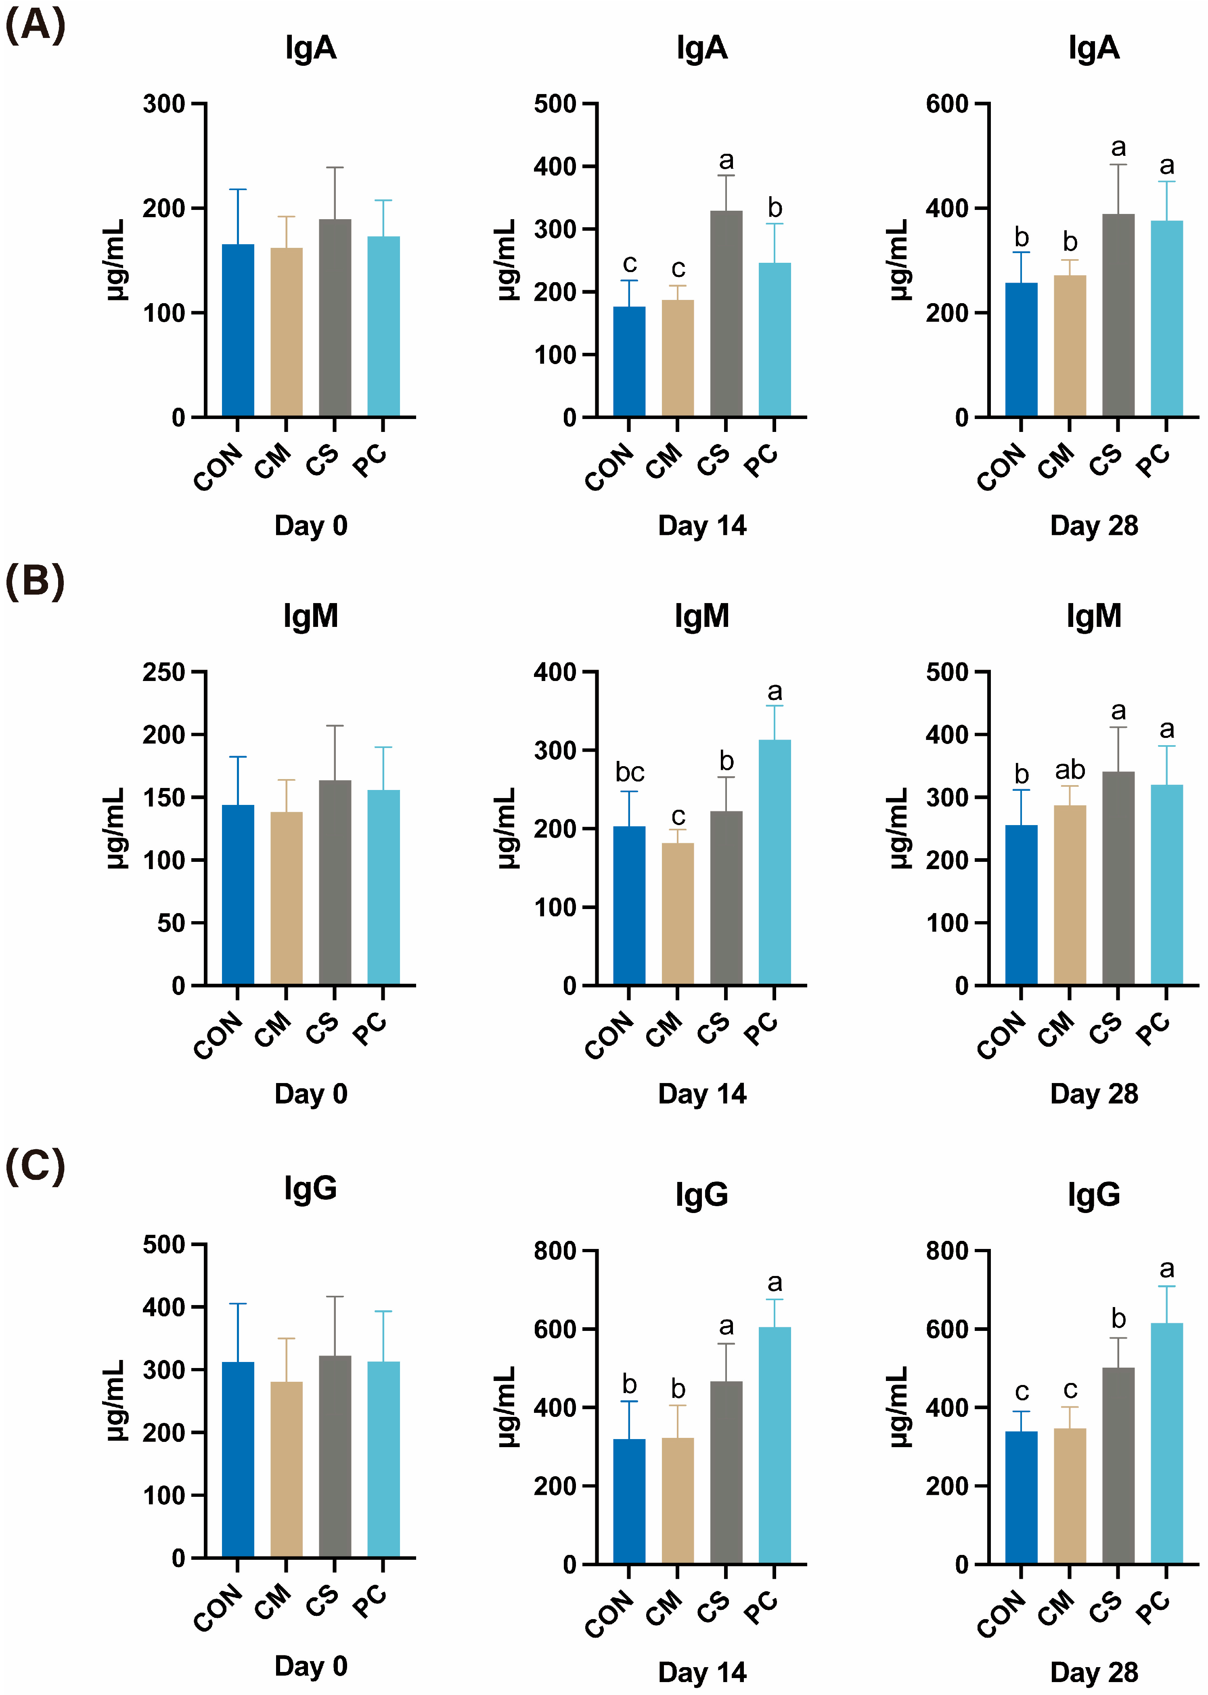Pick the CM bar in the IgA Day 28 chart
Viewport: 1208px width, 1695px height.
pos(1070,346)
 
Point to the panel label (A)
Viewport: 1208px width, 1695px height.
pos(35,25)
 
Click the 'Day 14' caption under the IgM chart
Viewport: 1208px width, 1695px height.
pos(702,1094)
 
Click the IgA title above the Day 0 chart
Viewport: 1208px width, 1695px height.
pos(311,48)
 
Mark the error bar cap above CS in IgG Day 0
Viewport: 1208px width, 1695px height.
pos(335,1296)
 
